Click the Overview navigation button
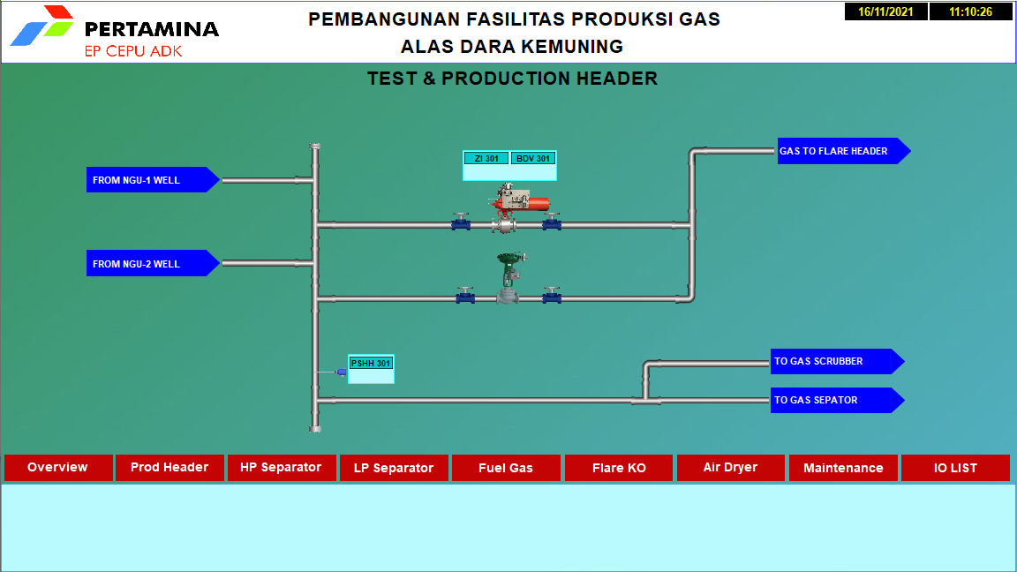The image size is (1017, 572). [x=57, y=468]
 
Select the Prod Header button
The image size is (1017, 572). [x=169, y=468]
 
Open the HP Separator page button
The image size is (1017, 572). [x=281, y=468]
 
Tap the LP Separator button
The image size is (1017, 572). [x=394, y=468]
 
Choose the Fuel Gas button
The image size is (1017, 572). [x=506, y=468]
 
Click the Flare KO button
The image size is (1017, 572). [x=619, y=468]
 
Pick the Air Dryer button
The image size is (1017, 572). [x=730, y=468]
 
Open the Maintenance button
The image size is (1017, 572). [x=843, y=468]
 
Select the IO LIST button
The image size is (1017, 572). [x=955, y=468]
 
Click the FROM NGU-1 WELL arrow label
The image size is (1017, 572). [x=153, y=180]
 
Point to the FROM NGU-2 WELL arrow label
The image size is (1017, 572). [x=153, y=263]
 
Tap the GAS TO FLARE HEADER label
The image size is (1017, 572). [x=844, y=151]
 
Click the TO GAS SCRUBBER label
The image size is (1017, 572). [x=837, y=361]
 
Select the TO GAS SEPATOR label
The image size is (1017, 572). [x=837, y=400]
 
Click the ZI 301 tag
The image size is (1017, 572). [x=486, y=158]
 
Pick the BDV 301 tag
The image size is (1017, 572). [x=533, y=158]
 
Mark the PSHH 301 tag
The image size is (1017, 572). [x=371, y=363]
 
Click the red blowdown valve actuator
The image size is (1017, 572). [x=521, y=199]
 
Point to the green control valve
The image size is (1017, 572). [x=509, y=277]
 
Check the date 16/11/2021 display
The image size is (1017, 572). [x=886, y=11]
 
